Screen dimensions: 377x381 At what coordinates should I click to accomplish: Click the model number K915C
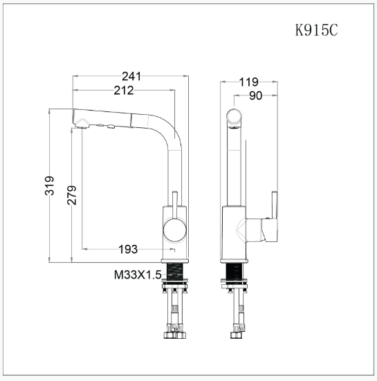coord(317,30)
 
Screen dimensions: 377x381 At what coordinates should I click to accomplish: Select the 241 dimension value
coord(131,76)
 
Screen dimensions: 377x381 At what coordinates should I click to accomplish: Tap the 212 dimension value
coord(124,91)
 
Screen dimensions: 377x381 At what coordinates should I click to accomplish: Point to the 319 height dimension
coord(49,185)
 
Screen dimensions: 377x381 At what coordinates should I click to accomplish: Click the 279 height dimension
coord(72,195)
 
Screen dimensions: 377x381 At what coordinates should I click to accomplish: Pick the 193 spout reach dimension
coord(128,249)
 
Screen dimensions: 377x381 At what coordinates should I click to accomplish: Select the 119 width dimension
coord(248,82)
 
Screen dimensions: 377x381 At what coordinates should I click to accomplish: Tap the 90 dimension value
coord(256,95)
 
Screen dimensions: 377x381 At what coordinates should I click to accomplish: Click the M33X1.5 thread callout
coord(138,275)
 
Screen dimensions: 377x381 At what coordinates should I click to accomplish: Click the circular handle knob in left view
coord(175,230)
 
